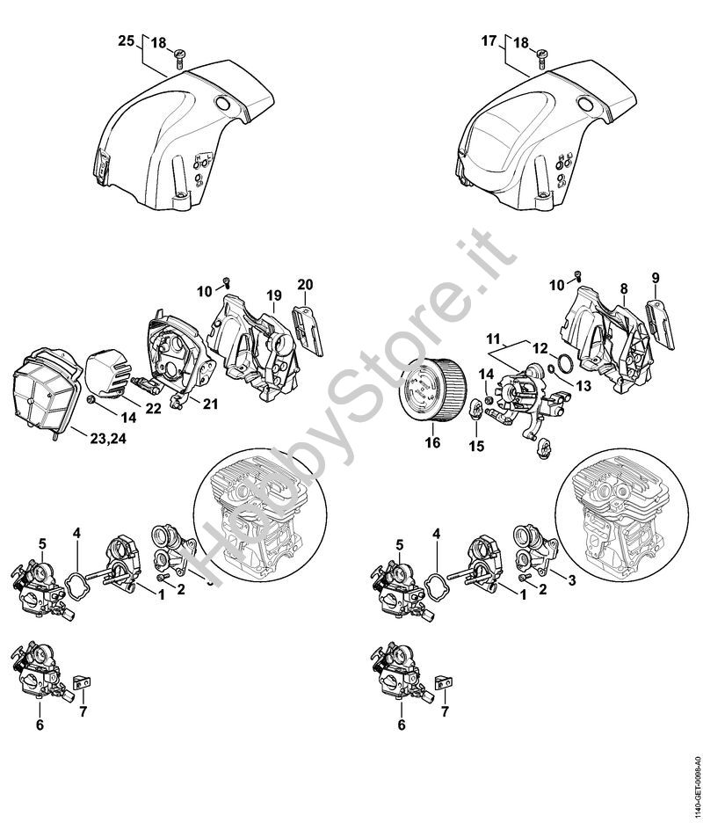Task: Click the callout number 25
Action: pyautogui.click(x=127, y=41)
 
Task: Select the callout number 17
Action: pyautogui.click(x=489, y=40)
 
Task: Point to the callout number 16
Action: pyautogui.click(x=433, y=443)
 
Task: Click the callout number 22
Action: pyautogui.click(x=153, y=408)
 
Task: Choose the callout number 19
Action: pyautogui.click(x=275, y=295)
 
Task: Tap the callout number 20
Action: pyautogui.click(x=305, y=285)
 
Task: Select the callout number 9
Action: pyautogui.click(x=656, y=278)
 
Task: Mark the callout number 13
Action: pyautogui.click(x=583, y=386)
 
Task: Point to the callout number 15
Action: pyautogui.click(x=477, y=446)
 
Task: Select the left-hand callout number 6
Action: pyautogui.click(x=40, y=725)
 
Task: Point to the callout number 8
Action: pyautogui.click(x=623, y=288)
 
